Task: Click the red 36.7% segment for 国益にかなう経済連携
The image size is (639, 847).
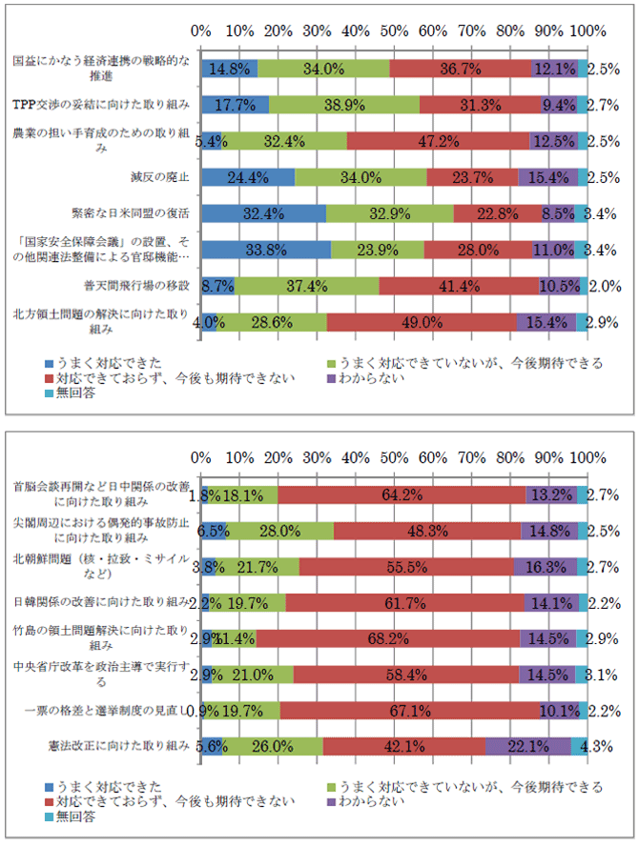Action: (x=461, y=69)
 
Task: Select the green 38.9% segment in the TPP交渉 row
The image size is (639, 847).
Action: (x=344, y=105)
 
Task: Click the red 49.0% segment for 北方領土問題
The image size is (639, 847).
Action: (x=421, y=322)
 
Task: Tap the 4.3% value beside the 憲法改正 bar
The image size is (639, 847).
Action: (x=603, y=746)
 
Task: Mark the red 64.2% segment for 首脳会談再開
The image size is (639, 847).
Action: (x=402, y=494)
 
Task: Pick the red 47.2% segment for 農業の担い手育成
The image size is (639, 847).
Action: (x=438, y=141)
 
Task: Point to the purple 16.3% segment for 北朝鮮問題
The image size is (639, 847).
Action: (x=545, y=566)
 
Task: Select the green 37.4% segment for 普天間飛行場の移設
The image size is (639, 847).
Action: (x=306, y=286)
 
